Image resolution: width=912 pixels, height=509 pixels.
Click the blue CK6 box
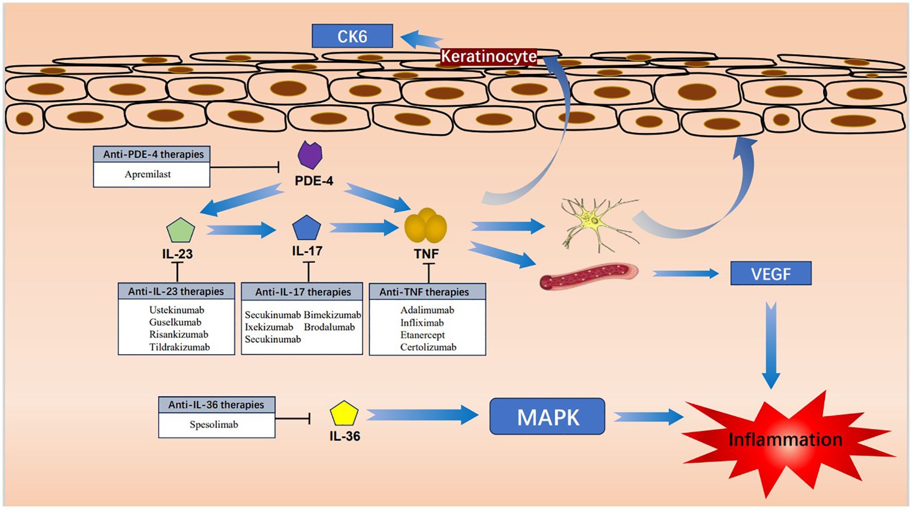pos(352,36)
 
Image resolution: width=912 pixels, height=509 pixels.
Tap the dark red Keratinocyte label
pos(488,56)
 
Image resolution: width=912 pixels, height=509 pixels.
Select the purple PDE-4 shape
pos(310,155)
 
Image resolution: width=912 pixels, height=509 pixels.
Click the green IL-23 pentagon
pos(181,230)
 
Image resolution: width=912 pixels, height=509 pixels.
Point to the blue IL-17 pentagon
pos(306,228)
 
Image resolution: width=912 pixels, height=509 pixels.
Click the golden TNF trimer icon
pos(426,225)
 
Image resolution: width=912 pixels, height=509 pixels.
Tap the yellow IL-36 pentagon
pos(344,414)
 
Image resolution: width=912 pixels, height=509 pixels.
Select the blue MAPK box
pos(547,416)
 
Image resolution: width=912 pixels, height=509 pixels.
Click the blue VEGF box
pos(770,273)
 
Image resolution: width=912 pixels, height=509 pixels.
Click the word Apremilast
pos(148,174)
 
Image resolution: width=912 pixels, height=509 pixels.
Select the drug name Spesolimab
pos(214,425)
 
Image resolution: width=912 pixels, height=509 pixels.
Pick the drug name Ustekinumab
pos(177,310)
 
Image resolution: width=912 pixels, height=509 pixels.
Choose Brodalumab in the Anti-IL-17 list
pos(329,327)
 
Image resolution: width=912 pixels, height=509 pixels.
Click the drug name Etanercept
pos(423,335)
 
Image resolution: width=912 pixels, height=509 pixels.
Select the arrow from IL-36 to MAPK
pos(423,414)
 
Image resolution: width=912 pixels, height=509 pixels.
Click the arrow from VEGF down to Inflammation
pos(771,345)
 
